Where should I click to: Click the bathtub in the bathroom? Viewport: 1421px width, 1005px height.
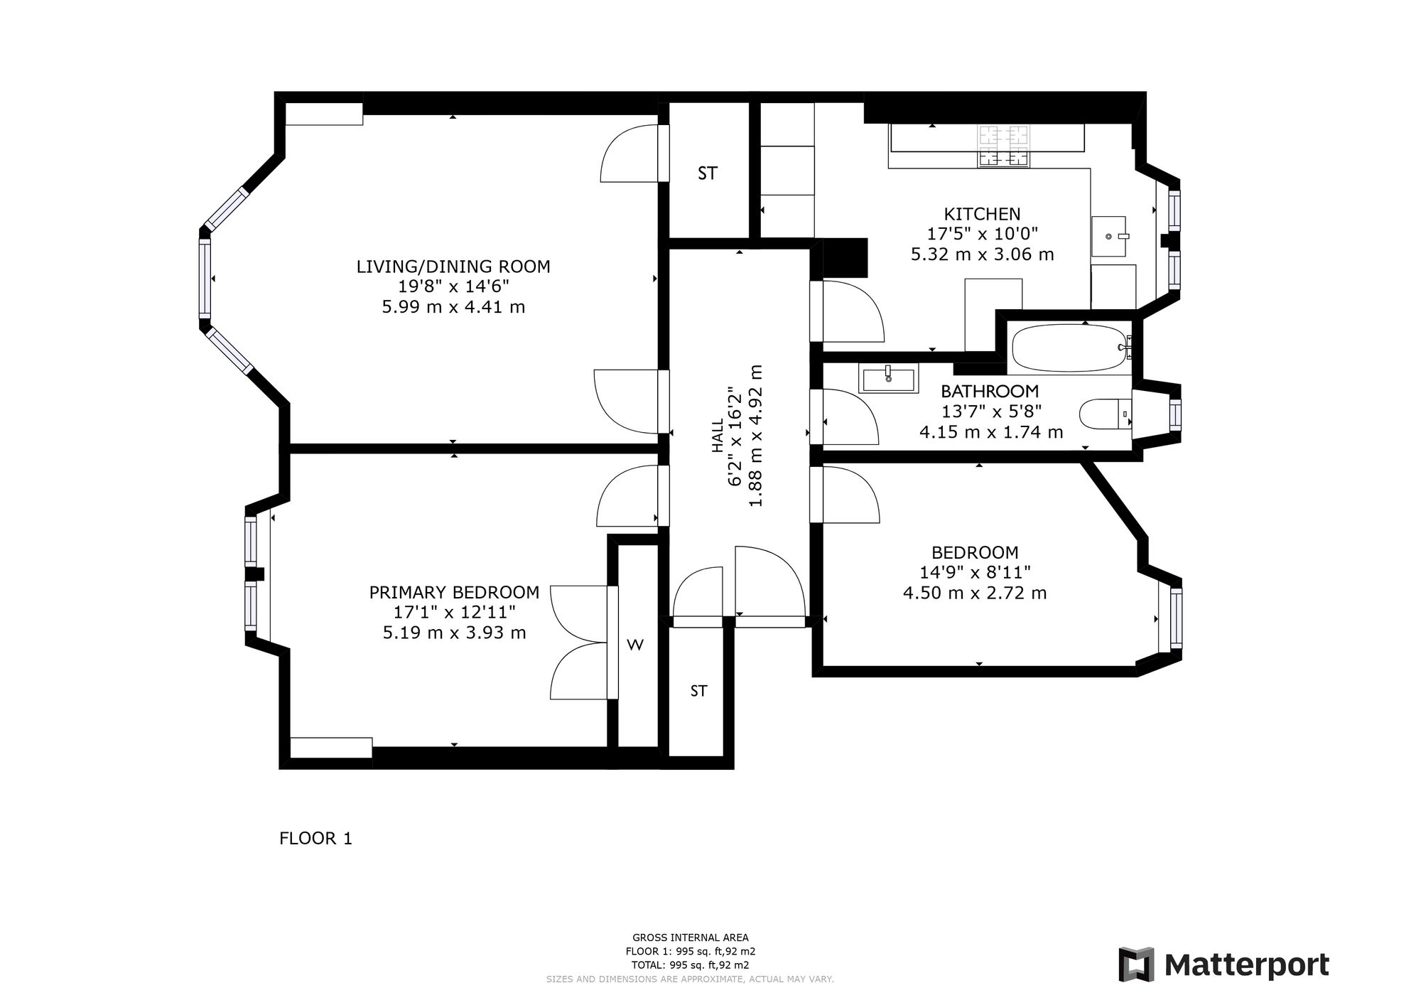coord(1071,348)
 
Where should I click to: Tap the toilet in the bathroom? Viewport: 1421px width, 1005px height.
coord(1105,413)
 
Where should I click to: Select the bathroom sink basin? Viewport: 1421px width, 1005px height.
coord(888,377)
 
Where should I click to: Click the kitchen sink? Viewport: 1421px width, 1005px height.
coord(1109,236)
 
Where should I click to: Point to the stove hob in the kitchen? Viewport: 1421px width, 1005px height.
coord(1003,146)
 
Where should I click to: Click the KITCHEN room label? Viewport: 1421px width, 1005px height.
coord(982,214)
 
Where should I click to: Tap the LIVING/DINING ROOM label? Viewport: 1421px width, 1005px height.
coord(453,267)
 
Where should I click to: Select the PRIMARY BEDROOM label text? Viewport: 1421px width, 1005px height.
coord(454,592)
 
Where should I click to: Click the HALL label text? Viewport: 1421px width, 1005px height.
coord(717,435)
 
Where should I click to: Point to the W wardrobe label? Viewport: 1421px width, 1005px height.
coord(635,645)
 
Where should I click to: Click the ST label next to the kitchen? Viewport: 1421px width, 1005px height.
coord(708,173)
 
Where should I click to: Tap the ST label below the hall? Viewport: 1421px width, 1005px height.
coord(699,691)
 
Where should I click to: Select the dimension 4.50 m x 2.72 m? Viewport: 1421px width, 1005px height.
coord(975,593)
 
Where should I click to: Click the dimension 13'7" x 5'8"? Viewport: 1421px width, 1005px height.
coord(990,412)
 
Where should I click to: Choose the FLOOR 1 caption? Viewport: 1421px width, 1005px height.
coord(315,839)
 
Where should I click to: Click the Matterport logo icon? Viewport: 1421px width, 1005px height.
coord(1137,965)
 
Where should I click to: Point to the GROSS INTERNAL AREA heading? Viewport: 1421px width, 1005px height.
coord(690,937)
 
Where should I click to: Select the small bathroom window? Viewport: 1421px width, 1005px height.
coord(1175,414)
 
